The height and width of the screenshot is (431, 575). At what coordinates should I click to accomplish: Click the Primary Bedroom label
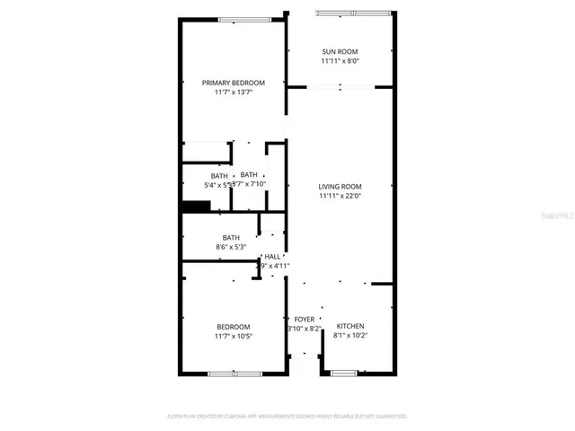pos(234,83)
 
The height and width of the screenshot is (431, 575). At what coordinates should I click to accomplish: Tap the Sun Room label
pos(340,52)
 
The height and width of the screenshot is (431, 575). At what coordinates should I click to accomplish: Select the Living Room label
pos(340,186)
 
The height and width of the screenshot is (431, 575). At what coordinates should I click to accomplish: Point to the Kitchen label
pos(350,326)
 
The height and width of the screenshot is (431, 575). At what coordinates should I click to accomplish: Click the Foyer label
pos(304,319)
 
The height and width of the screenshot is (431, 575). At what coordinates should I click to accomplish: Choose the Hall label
pos(272,257)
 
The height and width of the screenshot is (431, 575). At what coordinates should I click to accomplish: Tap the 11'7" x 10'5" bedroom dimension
pos(234,336)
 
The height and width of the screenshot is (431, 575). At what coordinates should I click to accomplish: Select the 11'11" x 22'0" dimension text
pos(340,196)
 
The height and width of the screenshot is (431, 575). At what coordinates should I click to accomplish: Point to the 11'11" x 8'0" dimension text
pos(340,62)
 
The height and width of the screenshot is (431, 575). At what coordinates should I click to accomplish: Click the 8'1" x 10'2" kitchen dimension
pos(350,336)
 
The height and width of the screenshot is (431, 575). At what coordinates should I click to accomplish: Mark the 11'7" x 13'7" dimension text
pos(234,92)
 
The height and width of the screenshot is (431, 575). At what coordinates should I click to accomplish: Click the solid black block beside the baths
pos(196,207)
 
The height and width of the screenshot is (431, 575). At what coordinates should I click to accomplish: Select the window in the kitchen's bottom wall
pos(344,373)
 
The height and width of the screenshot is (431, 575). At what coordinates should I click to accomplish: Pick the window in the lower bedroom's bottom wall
pos(234,373)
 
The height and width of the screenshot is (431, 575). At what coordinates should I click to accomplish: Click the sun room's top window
pos(354,13)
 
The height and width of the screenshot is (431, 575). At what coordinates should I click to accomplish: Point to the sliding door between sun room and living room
pos(340,87)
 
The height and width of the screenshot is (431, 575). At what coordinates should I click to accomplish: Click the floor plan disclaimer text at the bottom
pos(287,417)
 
